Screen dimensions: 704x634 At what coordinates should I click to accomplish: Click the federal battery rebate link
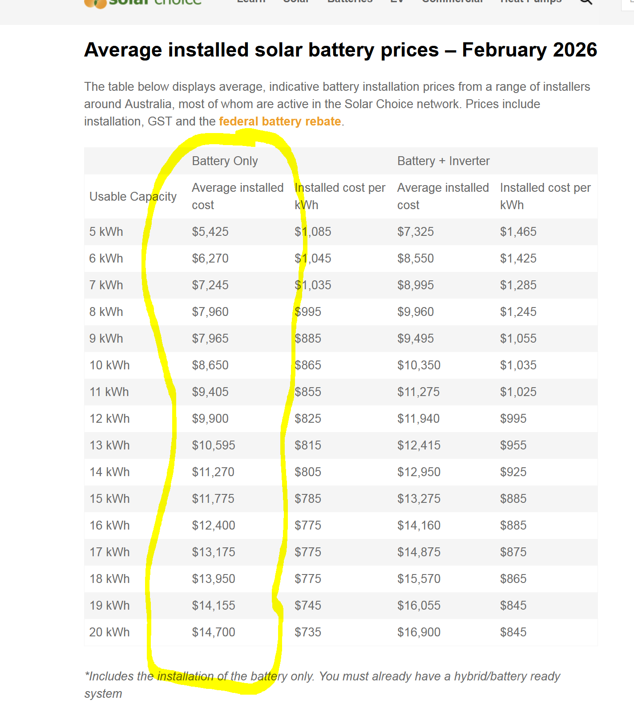pyautogui.click(x=279, y=121)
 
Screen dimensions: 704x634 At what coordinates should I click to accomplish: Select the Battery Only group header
pyautogui.click(x=225, y=161)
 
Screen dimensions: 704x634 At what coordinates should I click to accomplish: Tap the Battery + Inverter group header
pyautogui.click(x=443, y=161)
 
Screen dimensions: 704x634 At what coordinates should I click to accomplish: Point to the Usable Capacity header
pyautogui.click(x=133, y=197)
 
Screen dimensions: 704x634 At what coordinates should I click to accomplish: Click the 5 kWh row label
pyautogui.click(x=106, y=232)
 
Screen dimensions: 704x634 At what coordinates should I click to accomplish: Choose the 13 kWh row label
pyautogui.click(x=109, y=445)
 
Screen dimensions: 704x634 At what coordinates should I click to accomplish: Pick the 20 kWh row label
pyautogui.click(x=109, y=632)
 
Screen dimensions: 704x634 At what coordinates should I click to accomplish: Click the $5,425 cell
pyautogui.click(x=210, y=232)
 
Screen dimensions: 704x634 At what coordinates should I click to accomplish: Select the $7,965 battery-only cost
pyautogui.click(x=210, y=339)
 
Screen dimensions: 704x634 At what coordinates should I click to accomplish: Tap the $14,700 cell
pyautogui.click(x=214, y=632)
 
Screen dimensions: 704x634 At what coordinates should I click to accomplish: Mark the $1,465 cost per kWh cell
pyautogui.click(x=518, y=232)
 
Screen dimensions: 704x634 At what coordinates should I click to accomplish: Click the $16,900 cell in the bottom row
pyautogui.click(x=419, y=632)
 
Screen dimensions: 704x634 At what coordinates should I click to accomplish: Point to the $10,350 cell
pyautogui.click(x=419, y=365)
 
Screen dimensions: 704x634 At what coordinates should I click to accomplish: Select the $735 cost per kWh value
pyautogui.click(x=308, y=632)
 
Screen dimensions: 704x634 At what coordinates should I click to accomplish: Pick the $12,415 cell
pyautogui.click(x=419, y=445)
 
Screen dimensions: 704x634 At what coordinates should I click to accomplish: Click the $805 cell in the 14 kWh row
pyautogui.click(x=308, y=472)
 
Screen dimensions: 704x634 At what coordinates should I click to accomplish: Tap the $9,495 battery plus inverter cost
pyautogui.click(x=416, y=339)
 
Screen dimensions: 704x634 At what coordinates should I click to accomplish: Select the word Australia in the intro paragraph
pyautogui.click(x=148, y=104)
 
